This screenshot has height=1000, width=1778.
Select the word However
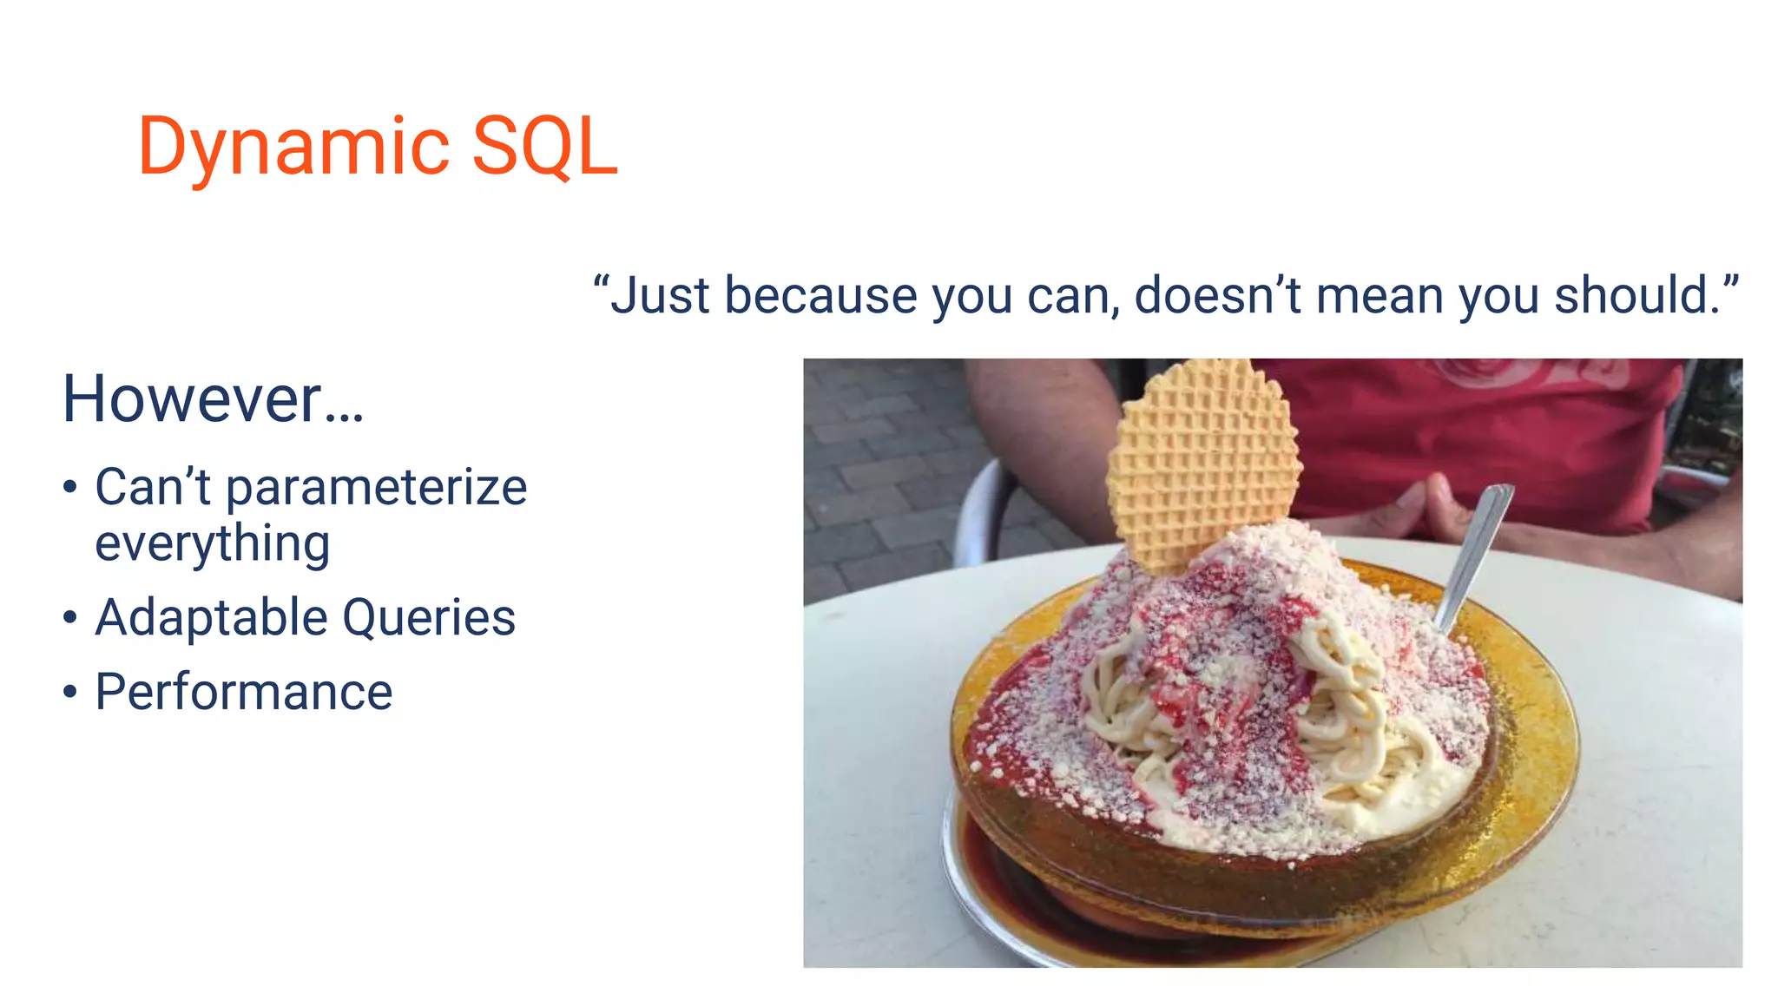[193, 398]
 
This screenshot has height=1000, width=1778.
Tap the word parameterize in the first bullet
[376, 488]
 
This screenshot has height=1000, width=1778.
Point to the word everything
[212, 544]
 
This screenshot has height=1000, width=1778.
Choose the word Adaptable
[211, 618]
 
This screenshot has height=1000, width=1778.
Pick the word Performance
[244, 693]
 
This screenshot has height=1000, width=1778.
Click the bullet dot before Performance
[70, 693]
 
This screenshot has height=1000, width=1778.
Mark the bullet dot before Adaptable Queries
[70, 618]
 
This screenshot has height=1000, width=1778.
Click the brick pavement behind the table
[877, 469]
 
